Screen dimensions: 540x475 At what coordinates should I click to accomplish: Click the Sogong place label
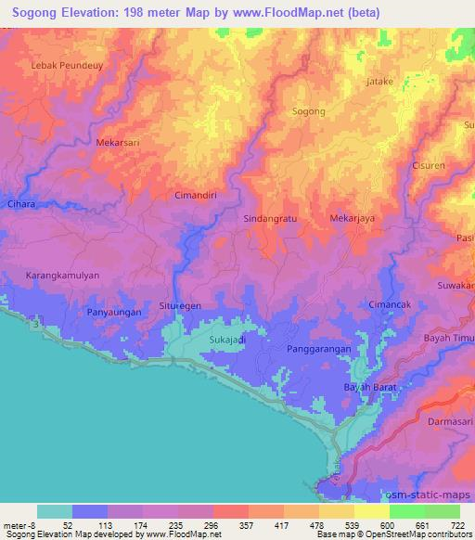point(309,111)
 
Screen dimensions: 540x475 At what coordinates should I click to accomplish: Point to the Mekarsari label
point(117,144)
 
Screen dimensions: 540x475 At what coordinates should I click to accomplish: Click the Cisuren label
point(429,166)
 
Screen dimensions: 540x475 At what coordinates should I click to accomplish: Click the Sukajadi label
point(227,340)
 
